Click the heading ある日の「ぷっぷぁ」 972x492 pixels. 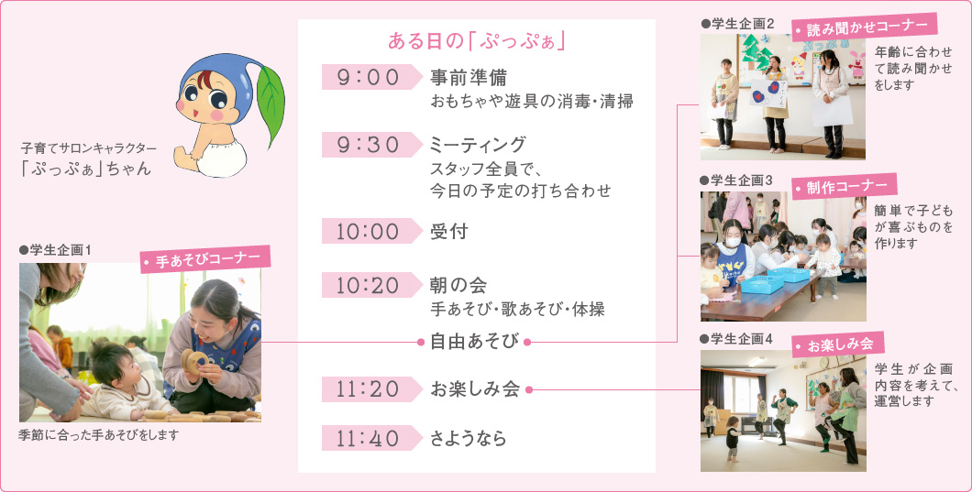475,42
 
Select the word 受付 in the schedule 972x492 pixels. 449,232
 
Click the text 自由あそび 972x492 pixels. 475,342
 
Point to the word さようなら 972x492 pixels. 469,439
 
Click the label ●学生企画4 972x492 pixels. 736,339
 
